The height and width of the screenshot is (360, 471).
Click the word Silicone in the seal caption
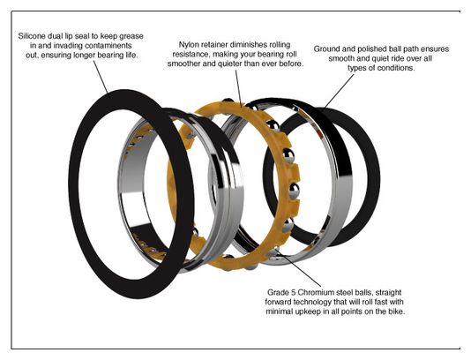(32, 36)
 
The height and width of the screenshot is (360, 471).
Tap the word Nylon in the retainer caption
(189, 45)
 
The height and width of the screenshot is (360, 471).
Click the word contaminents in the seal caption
(108, 46)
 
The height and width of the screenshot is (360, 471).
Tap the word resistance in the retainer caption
(191, 55)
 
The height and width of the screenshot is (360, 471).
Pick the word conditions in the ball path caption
(396, 68)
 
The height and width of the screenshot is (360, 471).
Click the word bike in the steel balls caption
(397, 311)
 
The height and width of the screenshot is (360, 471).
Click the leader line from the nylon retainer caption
(239, 88)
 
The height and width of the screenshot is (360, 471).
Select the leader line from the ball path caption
(339, 91)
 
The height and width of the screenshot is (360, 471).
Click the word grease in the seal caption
(131, 36)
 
